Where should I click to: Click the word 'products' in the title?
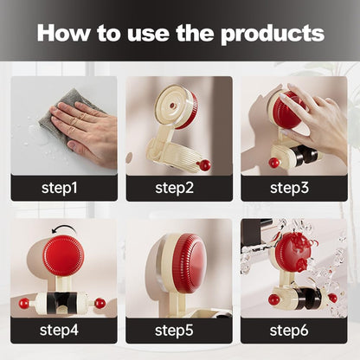[x=273, y=34]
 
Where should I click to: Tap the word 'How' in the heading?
[x=63, y=33]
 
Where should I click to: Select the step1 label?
[x=60, y=188]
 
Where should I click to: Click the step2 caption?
[x=174, y=188]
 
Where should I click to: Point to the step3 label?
[x=289, y=188]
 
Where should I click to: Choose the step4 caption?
[x=59, y=330]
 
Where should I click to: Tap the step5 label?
[x=174, y=331]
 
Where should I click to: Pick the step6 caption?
[x=289, y=331]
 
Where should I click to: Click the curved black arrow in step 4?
[x=63, y=228]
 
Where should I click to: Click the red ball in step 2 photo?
[x=204, y=165]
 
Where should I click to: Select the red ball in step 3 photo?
[x=274, y=163]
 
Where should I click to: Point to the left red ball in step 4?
[x=24, y=304]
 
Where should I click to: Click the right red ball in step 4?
[x=100, y=303]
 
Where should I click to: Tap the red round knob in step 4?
[x=63, y=256]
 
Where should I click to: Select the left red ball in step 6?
[x=273, y=299]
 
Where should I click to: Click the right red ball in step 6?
[x=332, y=298]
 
